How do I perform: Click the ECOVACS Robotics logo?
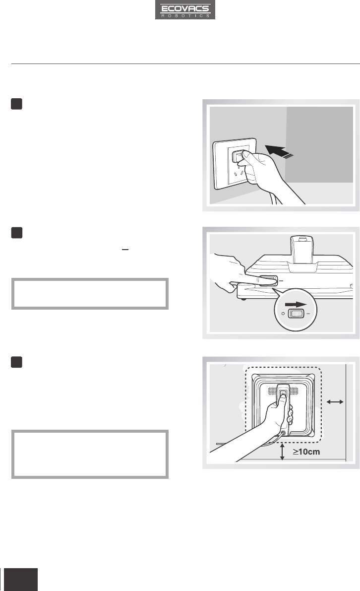[185, 9]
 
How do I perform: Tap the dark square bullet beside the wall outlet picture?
[16, 104]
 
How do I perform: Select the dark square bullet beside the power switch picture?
[16, 233]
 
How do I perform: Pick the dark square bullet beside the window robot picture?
[16, 362]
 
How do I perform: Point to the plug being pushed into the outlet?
[240, 157]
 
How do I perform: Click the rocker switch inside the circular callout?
[296, 313]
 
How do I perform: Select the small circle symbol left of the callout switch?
[283, 314]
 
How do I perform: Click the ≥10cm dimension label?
[306, 452]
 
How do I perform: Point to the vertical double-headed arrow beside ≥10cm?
[283, 452]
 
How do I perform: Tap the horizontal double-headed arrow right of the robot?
[335, 402]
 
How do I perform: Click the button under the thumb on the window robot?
[284, 394]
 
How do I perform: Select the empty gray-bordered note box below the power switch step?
[90, 294]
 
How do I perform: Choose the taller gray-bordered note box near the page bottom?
[90, 454]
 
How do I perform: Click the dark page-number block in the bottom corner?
[21, 579]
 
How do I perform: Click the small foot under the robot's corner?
[242, 299]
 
